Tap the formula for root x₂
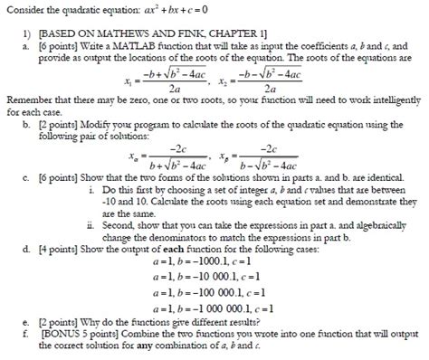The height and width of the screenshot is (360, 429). click(274, 77)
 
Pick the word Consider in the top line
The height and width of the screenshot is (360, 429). click(24, 8)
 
